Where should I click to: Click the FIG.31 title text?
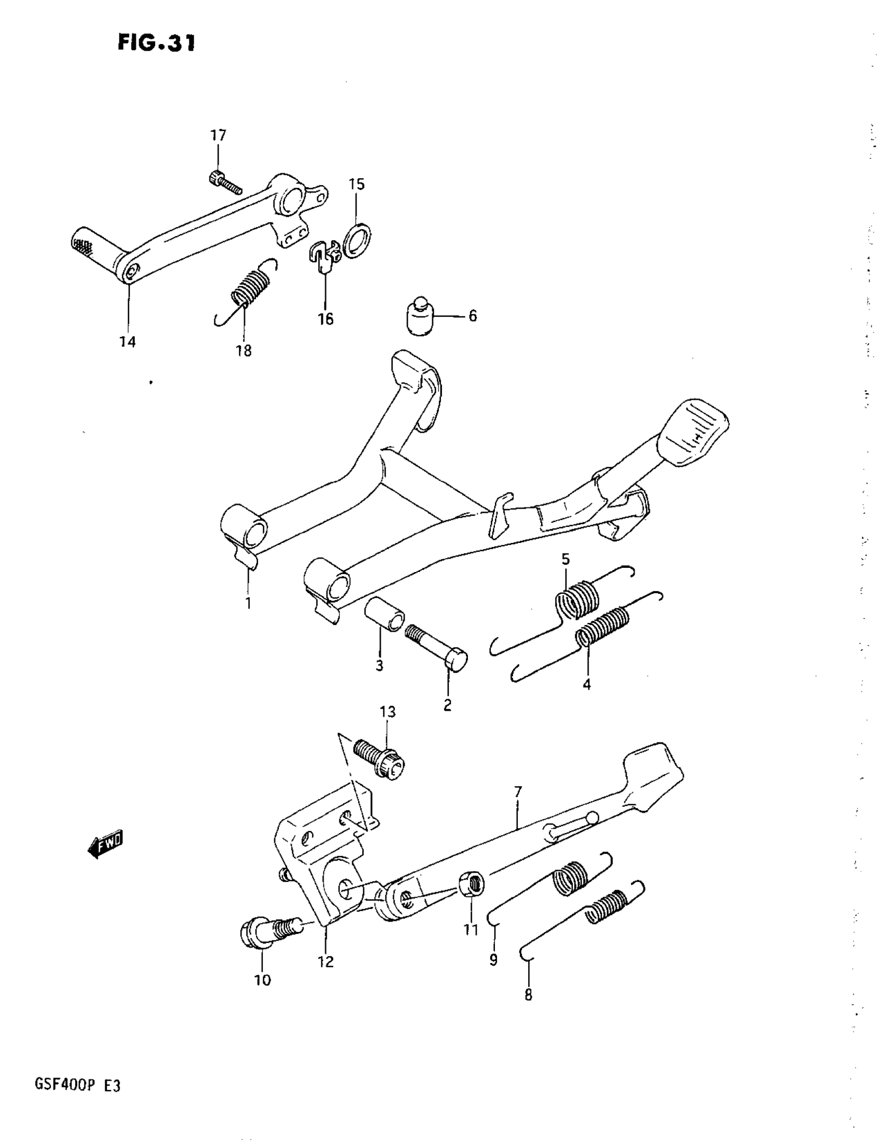156,43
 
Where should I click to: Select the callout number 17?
218,136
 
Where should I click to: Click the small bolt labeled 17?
224,181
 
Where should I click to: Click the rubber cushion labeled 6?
420,318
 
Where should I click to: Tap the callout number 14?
127,342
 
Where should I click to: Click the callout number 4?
587,684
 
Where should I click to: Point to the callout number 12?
325,961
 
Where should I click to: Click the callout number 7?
518,792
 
